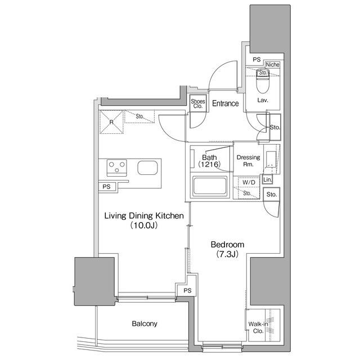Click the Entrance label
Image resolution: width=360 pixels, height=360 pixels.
pos(225,103)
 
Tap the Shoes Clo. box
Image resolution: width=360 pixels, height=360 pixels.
pos(198,104)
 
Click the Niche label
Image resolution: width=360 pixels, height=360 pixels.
pos(273,65)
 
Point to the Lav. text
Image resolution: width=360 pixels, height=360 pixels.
pos(262,100)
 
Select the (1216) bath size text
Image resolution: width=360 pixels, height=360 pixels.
pos(209,164)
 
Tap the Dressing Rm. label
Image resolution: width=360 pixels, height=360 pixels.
pos(248,161)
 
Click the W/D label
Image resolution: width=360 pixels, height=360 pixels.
pos(249,183)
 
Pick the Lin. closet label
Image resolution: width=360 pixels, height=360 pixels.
pos(268,179)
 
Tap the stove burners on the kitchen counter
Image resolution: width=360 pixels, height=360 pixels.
pos(117,167)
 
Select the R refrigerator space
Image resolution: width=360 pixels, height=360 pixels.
pos(111,121)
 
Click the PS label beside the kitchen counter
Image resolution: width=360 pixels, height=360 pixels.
pos(107,187)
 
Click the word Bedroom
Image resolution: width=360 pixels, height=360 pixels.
pos(227,245)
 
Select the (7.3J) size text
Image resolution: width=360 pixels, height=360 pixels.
pos(227,254)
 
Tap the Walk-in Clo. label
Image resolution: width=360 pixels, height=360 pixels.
pos(256,327)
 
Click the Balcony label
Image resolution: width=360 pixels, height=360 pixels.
pos(145,324)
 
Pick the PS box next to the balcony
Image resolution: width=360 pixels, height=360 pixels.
pos(187,290)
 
